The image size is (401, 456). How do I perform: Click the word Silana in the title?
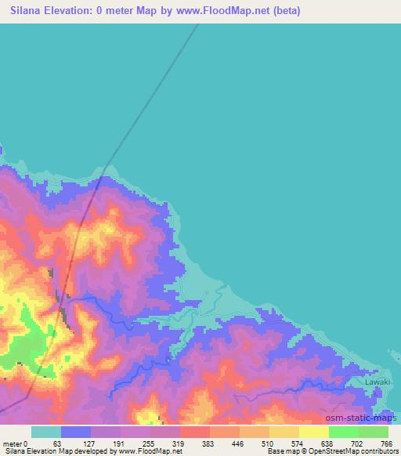28,11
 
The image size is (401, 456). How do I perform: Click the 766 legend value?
386,443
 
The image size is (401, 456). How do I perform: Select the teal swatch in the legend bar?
46,432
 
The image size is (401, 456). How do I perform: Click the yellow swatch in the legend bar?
313,432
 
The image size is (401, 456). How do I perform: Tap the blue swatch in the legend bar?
76,432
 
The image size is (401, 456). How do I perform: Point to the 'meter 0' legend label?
15,443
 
